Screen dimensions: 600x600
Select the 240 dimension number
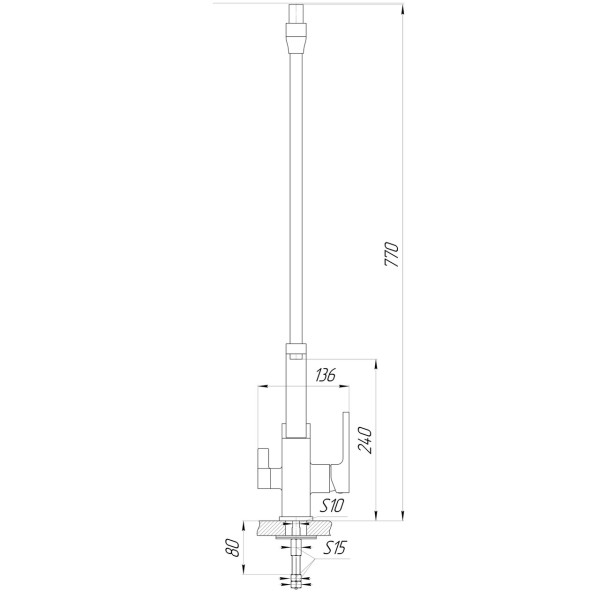coord(364,439)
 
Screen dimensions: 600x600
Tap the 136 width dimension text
coord(325,375)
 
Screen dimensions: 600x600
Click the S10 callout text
coord(332,506)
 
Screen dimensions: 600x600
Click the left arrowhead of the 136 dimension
coord(262,385)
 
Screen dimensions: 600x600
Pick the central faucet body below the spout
coord(297,475)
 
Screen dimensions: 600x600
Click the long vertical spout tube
coord(296,200)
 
